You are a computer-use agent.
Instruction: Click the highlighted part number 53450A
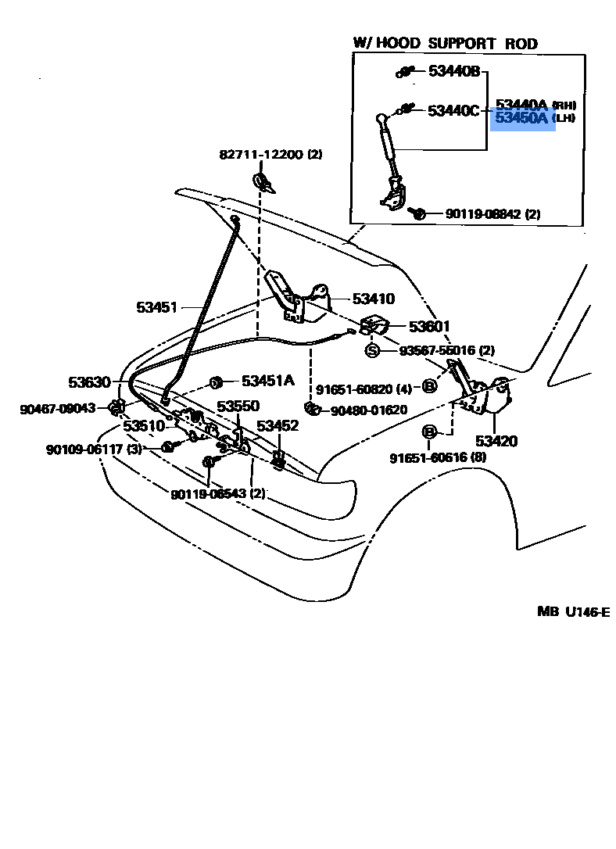coord(522,119)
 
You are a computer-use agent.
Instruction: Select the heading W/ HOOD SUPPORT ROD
coord(446,44)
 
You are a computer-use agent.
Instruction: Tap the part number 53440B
coord(453,71)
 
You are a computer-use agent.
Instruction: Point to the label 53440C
coord(453,111)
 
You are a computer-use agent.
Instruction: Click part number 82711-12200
coord(270,154)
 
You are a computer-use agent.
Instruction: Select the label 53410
coord(374,299)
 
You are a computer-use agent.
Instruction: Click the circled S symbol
coord(373,350)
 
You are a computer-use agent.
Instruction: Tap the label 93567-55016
coord(446,351)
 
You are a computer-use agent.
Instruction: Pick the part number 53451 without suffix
coord(158,307)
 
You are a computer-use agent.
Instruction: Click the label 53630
coord(89,382)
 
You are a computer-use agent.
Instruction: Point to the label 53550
coord(238,407)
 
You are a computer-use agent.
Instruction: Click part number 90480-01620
coord(368,410)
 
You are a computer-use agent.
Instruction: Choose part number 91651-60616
coord(438,457)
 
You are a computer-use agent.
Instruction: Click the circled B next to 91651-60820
coord(429,386)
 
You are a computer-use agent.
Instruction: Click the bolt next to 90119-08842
coord(418,213)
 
